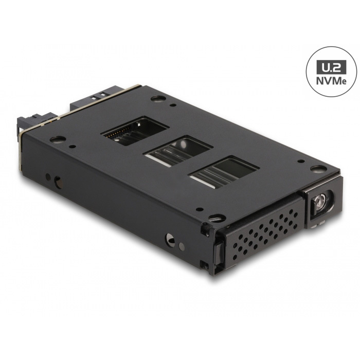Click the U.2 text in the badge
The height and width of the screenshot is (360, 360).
[x=330, y=66]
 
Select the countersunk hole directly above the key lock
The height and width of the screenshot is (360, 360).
[x=317, y=169]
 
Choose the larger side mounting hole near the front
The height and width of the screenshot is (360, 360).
[x=169, y=238]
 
